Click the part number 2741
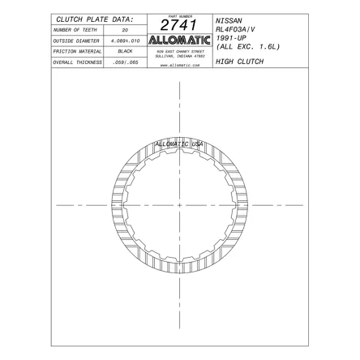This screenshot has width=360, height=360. point(180,27)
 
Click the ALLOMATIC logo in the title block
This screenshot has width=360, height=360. point(180,41)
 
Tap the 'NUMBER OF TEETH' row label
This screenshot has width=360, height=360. point(76,28)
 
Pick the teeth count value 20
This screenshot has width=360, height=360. point(125,28)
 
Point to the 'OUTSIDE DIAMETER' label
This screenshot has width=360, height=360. point(77,39)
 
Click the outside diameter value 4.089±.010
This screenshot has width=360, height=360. point(125,39)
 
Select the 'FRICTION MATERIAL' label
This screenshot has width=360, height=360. point(77,50)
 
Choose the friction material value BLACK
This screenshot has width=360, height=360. point(125,50)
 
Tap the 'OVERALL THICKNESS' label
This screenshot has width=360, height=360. point(77,62)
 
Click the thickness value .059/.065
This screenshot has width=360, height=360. point(125,62)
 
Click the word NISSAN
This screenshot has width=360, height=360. point(229,18)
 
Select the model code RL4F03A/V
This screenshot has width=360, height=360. point(238,28)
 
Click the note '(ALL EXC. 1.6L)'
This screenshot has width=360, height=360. point(247,46)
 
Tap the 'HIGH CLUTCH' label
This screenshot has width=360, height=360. point(239,61)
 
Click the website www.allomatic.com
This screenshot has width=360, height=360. point(180,63)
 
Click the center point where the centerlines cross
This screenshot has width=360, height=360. point(179,205)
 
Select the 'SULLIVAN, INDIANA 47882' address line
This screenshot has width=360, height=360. point(180,55)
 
